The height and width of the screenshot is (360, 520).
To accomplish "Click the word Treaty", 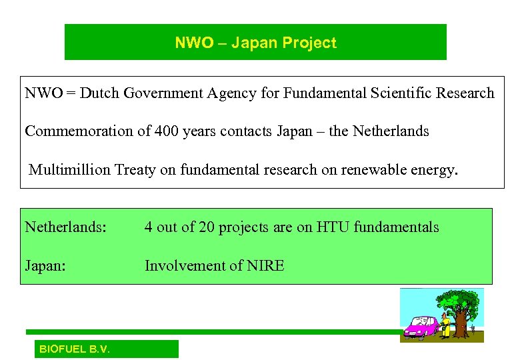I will pos(137,170).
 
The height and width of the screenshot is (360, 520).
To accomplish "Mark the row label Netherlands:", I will pos(65,227).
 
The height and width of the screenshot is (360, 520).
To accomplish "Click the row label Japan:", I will pos(46,266).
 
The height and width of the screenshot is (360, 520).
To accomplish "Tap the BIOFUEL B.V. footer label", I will pos(75,349).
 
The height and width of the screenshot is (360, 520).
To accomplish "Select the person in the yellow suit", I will pos(445,327).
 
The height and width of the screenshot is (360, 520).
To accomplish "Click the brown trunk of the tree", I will pos(461,323).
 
